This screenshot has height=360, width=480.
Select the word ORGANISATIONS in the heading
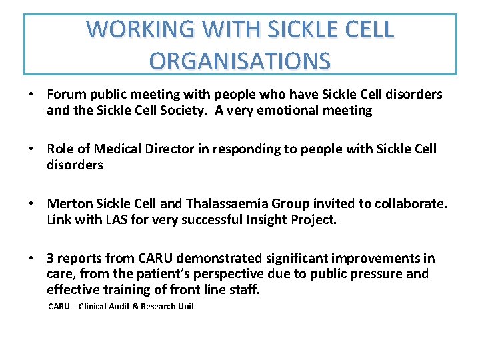tap(240, 61)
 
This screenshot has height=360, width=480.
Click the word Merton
tap(69, 203)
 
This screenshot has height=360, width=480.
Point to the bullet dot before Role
tap(31, 149)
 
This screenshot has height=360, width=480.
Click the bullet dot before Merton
tap(31, 203)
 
